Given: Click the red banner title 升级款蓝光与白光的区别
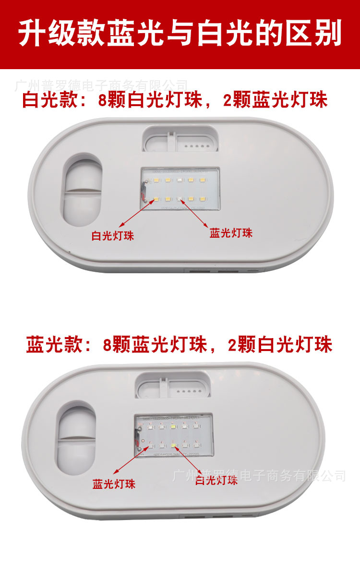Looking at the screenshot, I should [x=180, y=34].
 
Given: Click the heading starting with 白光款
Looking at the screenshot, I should [x=175, y=100].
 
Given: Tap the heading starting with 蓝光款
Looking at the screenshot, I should [x=179, y=345].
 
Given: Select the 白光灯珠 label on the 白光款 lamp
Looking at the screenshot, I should [x=113, y=236].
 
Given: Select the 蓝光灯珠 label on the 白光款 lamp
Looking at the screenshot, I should [x=231, y=233].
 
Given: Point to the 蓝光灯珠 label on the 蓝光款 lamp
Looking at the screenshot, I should [x=114, y=484].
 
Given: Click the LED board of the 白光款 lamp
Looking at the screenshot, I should [x=180, y=189].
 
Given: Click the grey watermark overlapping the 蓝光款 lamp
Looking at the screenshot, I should [x=259, y=476].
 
